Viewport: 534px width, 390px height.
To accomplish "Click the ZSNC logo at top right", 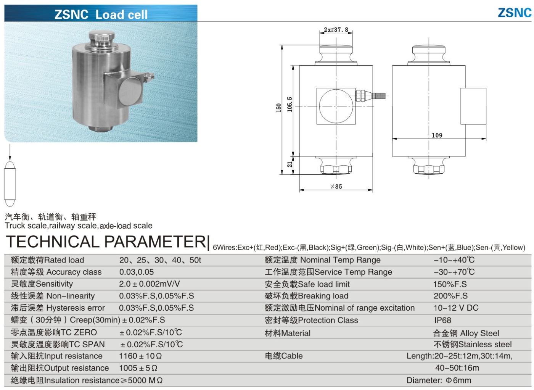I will [x=514, y=13].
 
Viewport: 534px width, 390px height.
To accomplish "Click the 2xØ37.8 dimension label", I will [x=336, y=29].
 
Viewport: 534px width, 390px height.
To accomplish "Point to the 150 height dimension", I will [x=278, y=108].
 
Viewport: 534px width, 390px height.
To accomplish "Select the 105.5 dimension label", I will [x=290, y=104].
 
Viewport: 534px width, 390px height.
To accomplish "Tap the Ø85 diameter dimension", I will [x=336, y=187].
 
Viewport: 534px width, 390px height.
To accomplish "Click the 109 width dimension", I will [x=437, y=135].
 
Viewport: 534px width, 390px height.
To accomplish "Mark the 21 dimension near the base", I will [x=290, y=164].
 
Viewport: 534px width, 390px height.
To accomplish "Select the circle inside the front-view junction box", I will [x=336, y=106].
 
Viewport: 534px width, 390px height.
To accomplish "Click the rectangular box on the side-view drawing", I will [x=473, y=106].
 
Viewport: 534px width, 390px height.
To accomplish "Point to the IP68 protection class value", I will [x=442, y=320].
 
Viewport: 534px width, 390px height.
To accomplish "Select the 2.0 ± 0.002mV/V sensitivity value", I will [x=149, y=284].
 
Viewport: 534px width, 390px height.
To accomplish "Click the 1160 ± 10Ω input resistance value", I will [x=140, y=356].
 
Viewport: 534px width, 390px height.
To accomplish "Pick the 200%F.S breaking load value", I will [x=450, y=296].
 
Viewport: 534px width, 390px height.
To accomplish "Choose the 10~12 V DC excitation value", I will [x=456, y=308].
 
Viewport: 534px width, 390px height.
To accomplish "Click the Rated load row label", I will [x=48, y=260].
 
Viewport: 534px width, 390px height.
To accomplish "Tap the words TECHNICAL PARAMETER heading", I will [x=106, y=242].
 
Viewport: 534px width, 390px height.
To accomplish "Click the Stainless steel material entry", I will [x=473, y=344].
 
